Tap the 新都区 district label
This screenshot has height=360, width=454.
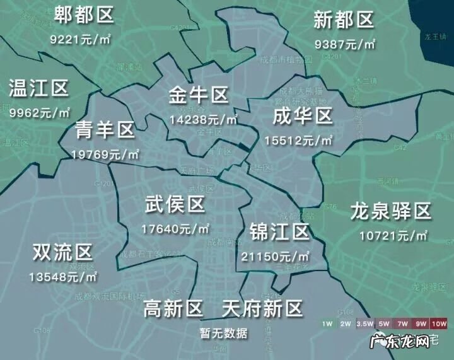(x=344, y=21)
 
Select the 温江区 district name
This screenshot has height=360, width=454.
(x=38, y=89)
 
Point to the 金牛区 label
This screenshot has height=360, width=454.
(x=198, y=96)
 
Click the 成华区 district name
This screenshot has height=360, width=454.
(x=302, y=117)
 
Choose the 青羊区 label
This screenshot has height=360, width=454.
(x=105, y=131)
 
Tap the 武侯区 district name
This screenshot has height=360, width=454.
(x=175, y=204)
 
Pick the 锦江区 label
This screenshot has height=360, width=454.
(x=279, y=232)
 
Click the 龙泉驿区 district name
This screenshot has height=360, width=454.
(x=390, y=212)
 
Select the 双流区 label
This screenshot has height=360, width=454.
(x=62, y=253)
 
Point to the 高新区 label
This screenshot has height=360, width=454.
(x=174, y=309)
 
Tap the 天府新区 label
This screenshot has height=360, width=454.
(x=262, y=309)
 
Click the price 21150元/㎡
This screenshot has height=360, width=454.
(x=275, y=257)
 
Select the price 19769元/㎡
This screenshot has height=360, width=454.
(x=105, y=154)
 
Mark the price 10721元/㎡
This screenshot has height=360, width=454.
(x=393, y=236)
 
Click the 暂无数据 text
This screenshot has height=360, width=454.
(x=224, y=333)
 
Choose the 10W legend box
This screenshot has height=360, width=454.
(x=439, y=323)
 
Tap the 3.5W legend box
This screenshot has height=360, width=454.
(x=364, y=323)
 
